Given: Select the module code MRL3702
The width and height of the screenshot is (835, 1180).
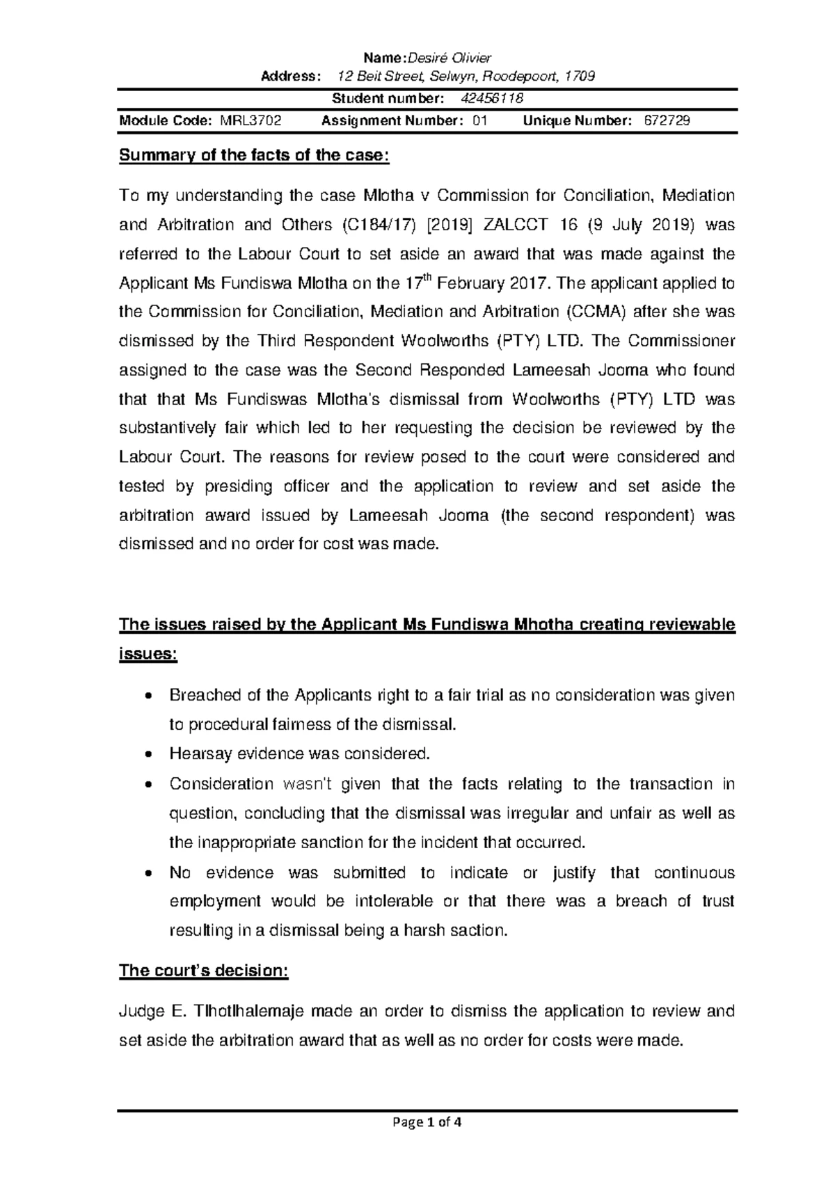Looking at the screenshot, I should click(250, 121).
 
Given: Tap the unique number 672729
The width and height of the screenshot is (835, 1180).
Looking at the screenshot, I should click(667, 121).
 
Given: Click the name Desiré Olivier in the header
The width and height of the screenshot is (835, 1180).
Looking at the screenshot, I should click(452, 58).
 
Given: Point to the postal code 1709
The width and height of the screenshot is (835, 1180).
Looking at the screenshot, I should click(580, 77).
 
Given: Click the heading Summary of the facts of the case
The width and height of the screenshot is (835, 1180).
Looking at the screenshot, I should click(255, 155).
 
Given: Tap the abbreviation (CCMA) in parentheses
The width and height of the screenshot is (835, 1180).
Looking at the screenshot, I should click(596, 312).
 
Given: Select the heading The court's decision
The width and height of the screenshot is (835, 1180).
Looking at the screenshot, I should click(203, 971).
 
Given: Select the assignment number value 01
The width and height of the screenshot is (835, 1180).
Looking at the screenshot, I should click(479, 121).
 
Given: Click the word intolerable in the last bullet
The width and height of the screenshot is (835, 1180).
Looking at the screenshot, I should click(394, 902).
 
